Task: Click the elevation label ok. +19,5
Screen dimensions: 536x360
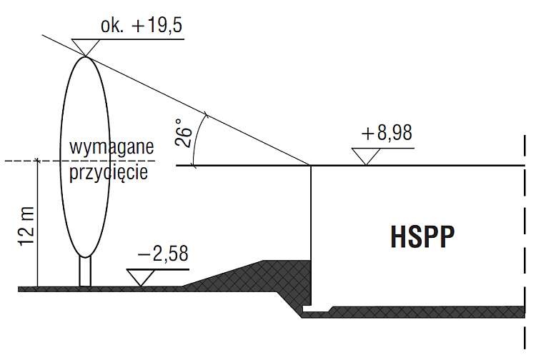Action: pyautogui.click(x=142, y=26)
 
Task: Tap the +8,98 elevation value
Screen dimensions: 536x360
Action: pyautogui.click(x=387, y=133)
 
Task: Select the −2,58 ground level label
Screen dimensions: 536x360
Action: pyautogui.click(x=163, y=254)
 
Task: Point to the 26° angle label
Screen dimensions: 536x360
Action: pyautogui.click(x=183, y=133)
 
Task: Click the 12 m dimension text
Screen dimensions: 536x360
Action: pyautogui.click(x=26, y=226)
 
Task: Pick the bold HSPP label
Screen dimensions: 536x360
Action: pyautogui.click(x=422, y=236)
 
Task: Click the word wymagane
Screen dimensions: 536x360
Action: pyautogui.click(x=111, y=147)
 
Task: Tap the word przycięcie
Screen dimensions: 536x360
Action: pyautogui.click(x=109, y=172)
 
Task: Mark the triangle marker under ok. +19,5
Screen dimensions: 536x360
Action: pyautogui.click(x=86, y=47)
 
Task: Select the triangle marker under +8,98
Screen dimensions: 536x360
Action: pyautogui.click(x=366, y=156)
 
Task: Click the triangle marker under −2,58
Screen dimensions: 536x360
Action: pyautogui.click(x=141, y=277)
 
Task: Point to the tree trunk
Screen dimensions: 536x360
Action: pyautogui.click(x=85, y=271)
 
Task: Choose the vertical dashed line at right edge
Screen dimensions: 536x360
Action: pyautogui.click(x=524, y=243)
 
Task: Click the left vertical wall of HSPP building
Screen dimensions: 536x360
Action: pyautogui.click(x=311, y=235)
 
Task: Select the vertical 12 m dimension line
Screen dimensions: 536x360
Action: pyautogui.click(x=38, y=224)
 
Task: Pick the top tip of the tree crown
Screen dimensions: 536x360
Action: pyautogui.click(x=85, y=56)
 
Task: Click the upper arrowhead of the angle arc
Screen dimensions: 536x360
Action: pyautogui.click(x=206, y=114)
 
